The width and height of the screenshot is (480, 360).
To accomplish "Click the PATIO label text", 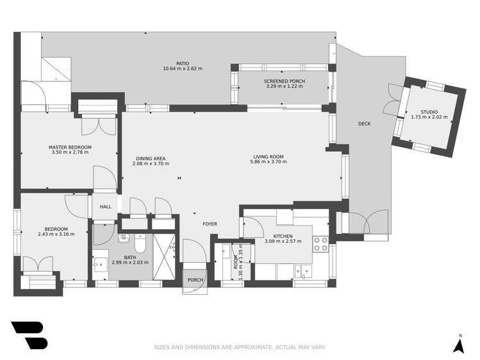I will coord(183,63).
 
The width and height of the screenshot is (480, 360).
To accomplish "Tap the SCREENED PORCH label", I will coord(284,81).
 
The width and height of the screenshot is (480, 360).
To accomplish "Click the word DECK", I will coord(364,124).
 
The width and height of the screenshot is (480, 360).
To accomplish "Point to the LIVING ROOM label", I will coord(268,156).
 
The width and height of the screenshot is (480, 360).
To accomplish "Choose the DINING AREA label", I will coord(151,158).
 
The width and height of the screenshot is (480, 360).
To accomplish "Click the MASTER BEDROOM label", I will coord(70,147).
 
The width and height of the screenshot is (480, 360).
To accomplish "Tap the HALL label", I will coord(105,207).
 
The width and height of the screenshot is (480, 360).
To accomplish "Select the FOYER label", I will coord(210,224).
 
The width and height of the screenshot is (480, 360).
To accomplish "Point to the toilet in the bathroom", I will coord(140,245).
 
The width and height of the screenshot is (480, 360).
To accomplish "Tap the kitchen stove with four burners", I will coord(320,243).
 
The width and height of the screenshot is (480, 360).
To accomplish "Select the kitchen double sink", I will coord(302,272).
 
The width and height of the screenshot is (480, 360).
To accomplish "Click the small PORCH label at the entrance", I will coord(195,280).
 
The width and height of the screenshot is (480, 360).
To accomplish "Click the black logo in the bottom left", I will coord(29,334).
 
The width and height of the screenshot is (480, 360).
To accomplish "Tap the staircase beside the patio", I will coord(56,68).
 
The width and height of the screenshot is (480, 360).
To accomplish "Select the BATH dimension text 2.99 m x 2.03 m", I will coord(129,262).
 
